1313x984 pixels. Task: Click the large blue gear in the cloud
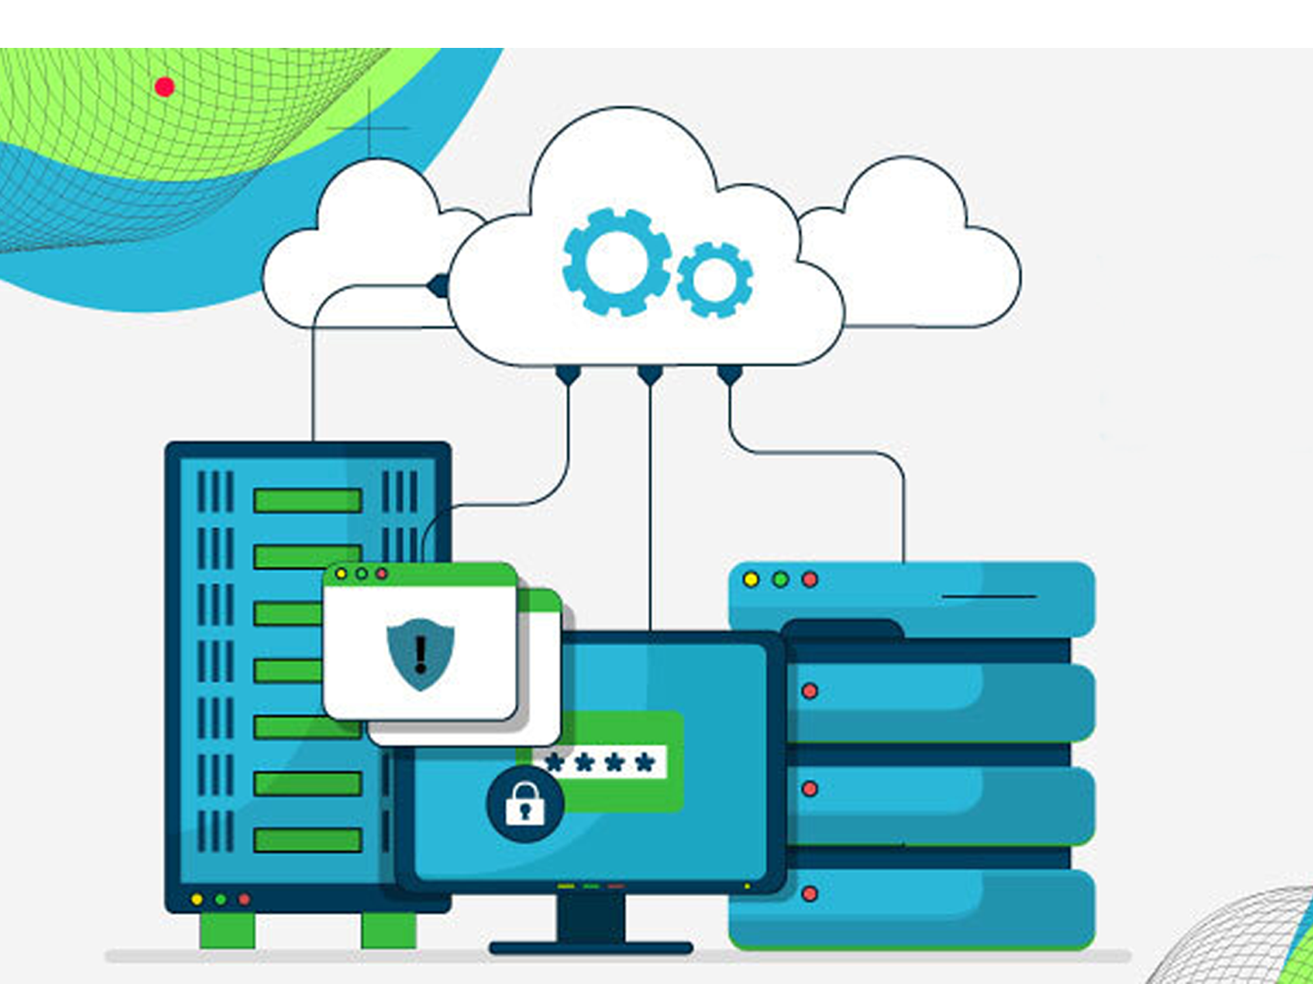click(616, 262)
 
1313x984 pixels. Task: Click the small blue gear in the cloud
click(715, 279)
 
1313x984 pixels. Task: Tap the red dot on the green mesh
click(164, 87)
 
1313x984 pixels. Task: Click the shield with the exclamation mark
click(421, 653)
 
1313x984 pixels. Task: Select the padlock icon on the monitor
click(525, 804)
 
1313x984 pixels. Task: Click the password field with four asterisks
click(600, 762)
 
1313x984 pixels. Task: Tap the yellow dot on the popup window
click(341, 574)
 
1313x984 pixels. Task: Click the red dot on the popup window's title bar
click(381, 574)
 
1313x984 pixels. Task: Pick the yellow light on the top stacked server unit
click(751, 580)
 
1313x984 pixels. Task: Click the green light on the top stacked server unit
click(781, 580)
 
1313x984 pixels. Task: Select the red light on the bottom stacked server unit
click(810, 893)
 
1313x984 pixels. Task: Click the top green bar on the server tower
click(307, 501)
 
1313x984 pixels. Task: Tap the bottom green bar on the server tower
click(307, 840)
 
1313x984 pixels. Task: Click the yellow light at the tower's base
click(196, 899)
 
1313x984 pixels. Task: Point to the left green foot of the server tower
click(227, 930)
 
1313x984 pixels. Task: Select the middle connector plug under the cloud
click(650, 375)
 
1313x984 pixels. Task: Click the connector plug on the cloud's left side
click(438, 286)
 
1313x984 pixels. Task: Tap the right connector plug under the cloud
click(730, 375)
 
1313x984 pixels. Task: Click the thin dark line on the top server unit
click(989, 597)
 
